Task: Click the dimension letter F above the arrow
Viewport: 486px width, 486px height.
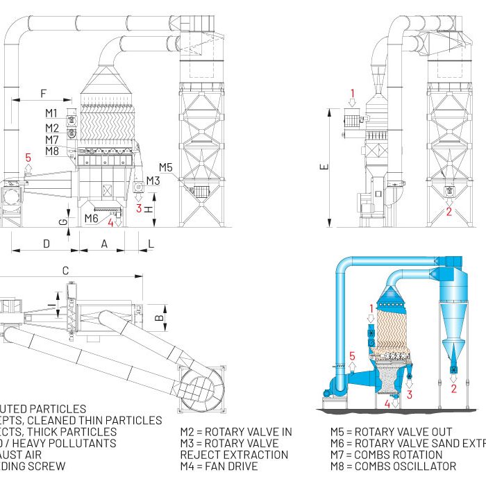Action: pyautogui.click(x=44, y=92)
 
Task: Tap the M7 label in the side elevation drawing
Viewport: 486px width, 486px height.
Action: pyautogui.click(x=52, y=140)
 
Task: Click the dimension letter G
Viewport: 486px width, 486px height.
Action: pyautogui.click(x=64, y=222)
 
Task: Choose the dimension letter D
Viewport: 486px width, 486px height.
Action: pyautogui.click(x=46, y=244)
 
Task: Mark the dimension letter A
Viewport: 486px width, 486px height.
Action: pyautogui.click(x=104, y=244)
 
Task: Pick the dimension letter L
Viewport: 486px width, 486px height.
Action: pyautogui.click(x=151, y=244)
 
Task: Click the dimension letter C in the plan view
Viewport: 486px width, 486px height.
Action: pyautogui.click(x=65, y=271)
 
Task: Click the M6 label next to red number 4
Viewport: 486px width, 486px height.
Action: pyautogui.click(x=91, y=219)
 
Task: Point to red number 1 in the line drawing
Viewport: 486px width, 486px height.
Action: pyautogui.click(x=352, y=92)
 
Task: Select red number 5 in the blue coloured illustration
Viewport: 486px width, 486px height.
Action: pyautogui.click(x=352, y=356)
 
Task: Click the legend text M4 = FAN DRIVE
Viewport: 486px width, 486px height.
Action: pyautogui.click(x=219, y=466)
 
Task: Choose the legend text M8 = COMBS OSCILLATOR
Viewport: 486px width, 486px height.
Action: pyautogui.click(x=393, y=466)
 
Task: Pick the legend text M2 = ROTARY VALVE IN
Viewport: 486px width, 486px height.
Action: pyautogui.click(x=236, y=432)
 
